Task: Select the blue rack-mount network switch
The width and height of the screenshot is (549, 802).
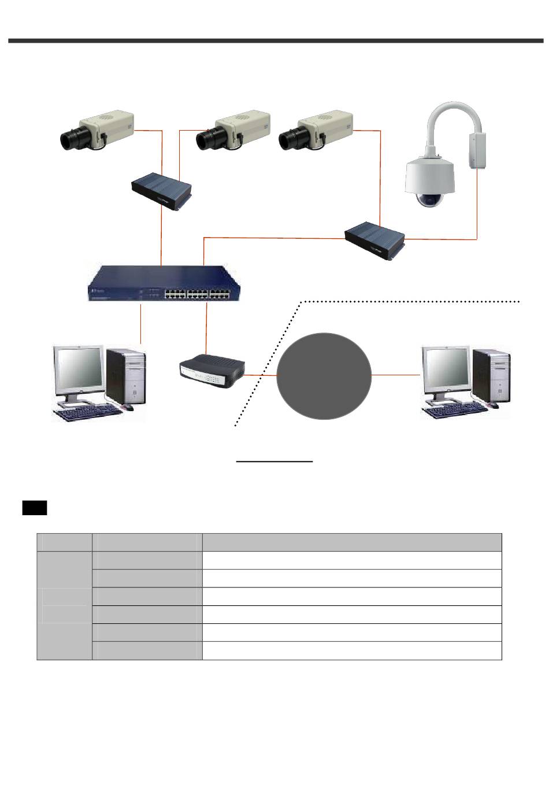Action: click(162, 284)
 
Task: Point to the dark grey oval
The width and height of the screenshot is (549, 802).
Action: click(324, 376)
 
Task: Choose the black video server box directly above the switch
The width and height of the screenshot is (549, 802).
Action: click(161, 190)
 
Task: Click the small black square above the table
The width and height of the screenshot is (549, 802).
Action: click(35, 508)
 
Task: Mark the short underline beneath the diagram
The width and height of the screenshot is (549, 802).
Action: click(274, 461)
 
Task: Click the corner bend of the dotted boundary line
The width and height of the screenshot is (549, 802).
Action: click(304, 302)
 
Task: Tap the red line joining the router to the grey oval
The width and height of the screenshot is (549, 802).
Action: click(261, 375)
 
